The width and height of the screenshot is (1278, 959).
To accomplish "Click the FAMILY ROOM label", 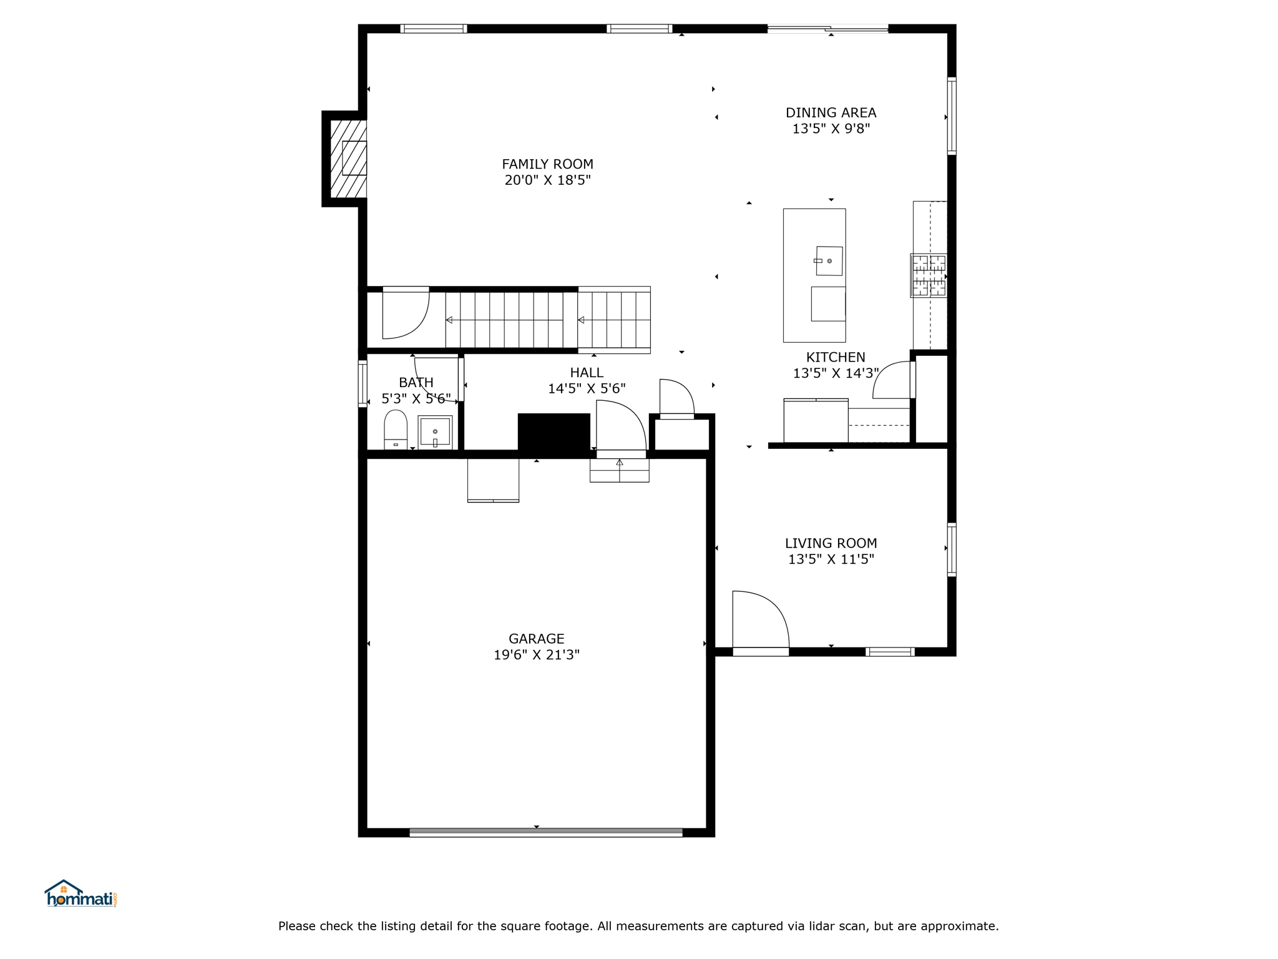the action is pos(547,164).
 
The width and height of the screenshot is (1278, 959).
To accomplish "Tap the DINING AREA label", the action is pos(831,113).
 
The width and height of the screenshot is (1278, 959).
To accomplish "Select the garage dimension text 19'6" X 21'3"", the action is pos(537,655).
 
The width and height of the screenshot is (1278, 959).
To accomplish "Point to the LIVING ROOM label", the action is pos(831,544).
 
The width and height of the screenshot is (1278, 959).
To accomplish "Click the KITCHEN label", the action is pos(836,358).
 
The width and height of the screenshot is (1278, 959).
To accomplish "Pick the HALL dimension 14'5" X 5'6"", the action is pos(587,388).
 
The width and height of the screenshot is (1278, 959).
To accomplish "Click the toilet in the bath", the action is pos(396,430).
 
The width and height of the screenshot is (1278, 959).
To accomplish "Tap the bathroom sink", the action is pos(435,432).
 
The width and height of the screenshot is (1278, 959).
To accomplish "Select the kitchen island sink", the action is pos(829,261).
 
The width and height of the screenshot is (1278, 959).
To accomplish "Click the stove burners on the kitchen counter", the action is pos(929,275).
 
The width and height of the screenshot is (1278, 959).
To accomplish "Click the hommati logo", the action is pos(80,893).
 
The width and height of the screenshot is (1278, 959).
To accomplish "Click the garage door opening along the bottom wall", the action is pos(546,832).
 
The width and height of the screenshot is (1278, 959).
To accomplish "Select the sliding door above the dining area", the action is pos(827,28).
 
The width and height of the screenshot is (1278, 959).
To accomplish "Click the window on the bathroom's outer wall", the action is pos(363,383).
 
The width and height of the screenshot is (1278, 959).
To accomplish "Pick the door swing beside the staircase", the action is pos(421,322).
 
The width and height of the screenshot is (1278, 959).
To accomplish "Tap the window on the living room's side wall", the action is pos(952,549).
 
